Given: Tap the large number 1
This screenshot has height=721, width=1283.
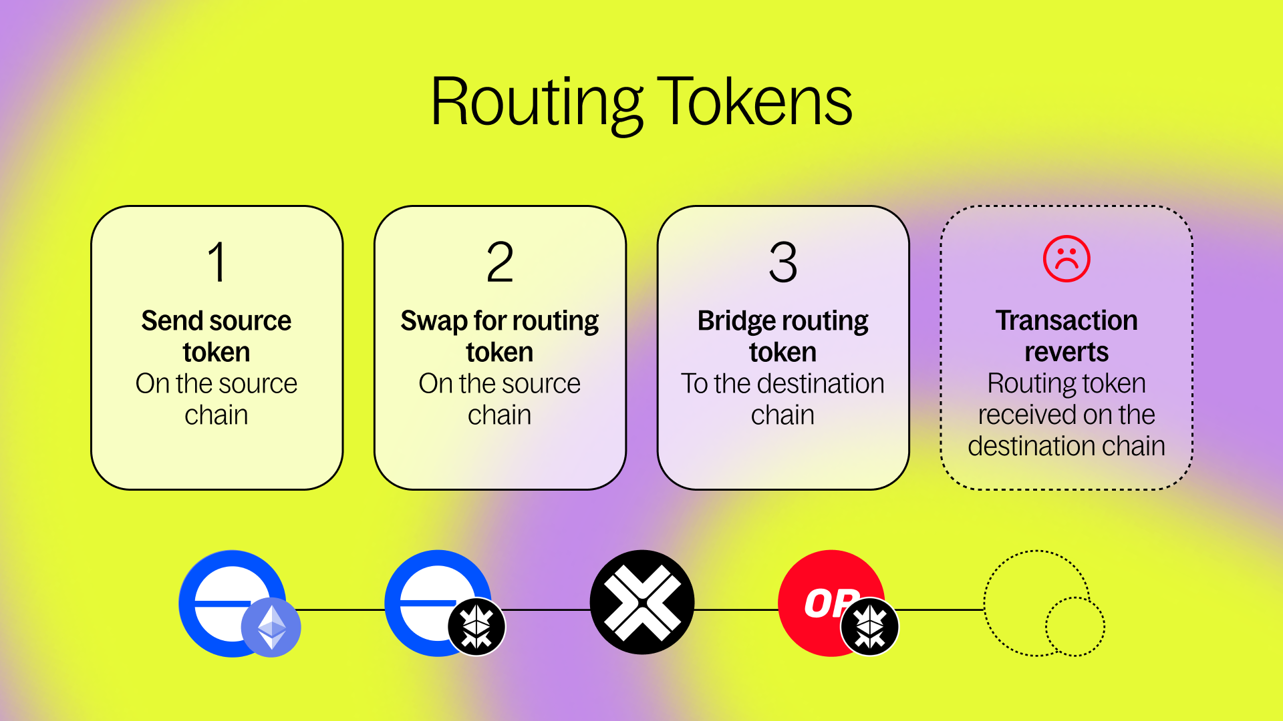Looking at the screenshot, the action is pyautogui.click(x=217, y=262).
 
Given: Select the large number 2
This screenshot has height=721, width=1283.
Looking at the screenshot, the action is pyautogui.click(x=500, y=262).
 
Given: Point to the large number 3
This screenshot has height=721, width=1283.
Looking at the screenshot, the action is pyautogui.click(x=783, y=262).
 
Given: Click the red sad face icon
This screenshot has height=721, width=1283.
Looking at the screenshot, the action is pyautogui.click(x=1066, y=259).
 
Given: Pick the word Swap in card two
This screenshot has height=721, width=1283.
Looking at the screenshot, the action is pyautogui.click(x=434, y=321).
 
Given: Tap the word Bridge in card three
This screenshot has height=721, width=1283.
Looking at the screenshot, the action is pyautogui.click(x=732, y=321).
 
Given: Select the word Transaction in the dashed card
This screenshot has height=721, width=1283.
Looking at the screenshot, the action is pyautogui.click(x=1066, y=321).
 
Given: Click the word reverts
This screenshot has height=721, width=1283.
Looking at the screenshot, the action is pyautogui.click(x=1066, y=352).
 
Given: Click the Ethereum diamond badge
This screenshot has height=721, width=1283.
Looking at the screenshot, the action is pyautogui.click(x=271, y=628).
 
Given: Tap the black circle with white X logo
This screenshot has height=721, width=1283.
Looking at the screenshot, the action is pyautogui.click(x=642, y=602).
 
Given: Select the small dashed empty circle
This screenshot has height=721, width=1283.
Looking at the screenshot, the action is pyautogui.click(x=1075, y=626).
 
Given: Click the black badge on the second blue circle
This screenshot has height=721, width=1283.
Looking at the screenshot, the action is pyautogui.click(x=477, y=628).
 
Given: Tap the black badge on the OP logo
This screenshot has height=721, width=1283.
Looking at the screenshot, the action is pyautogui.click(x=870, y=628).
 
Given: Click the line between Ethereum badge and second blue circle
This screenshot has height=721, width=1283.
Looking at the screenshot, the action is pyautogui.click(x=341, y=610).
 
